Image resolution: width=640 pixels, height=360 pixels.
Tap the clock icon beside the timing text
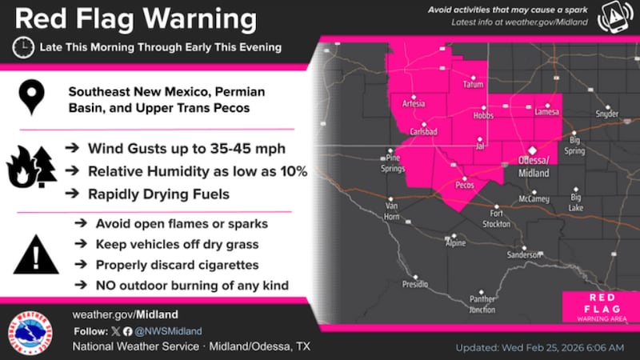(x=23, y=47)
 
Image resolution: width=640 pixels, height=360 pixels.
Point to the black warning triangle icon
(x=35, y=256)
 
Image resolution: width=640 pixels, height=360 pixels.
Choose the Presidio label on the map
(x=414, y=284)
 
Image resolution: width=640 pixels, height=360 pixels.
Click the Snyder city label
(x=606, y=114)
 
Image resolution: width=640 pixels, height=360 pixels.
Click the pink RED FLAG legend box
(x=594, y=306)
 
